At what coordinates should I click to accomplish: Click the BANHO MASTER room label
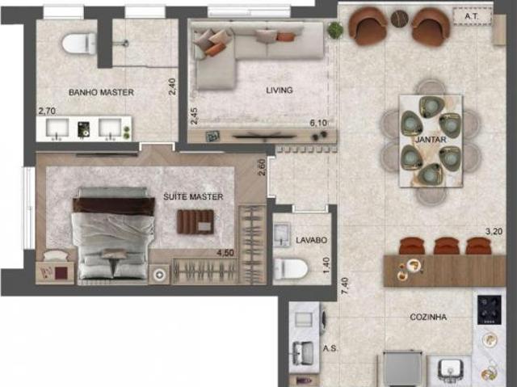[x=101, y=92]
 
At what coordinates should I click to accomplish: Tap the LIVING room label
[x=280, y=90]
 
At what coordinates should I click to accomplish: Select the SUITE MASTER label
[x=193, y=197]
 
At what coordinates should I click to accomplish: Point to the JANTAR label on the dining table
[x=431, y=140]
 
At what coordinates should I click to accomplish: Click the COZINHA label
[x=428, y=318]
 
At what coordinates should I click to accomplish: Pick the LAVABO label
[x=311, y=240]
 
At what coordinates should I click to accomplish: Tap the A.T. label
[x=472, y=16]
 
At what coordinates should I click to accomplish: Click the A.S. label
[x=330, y=348]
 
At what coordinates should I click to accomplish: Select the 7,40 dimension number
[x=345, y=287]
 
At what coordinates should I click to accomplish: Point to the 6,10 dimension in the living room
[x=318, y=123]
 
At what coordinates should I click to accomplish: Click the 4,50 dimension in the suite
[x=225, y=253]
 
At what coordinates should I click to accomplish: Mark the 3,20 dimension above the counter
[x=494, y=231]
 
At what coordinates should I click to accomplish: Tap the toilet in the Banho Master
[x=79, y=43]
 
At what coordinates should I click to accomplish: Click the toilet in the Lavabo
[x=291, y=269]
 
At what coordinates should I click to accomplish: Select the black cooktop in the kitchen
[x=490, y=310]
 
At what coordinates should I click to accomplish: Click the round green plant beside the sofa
[x=335, y=30]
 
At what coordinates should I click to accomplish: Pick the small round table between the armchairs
[x=400, y=19]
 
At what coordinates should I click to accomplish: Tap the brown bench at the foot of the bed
[x=195, y=222]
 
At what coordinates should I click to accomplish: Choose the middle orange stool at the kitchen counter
[x=447, y=246]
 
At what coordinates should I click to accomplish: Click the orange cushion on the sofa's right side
[x=285, y=37]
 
